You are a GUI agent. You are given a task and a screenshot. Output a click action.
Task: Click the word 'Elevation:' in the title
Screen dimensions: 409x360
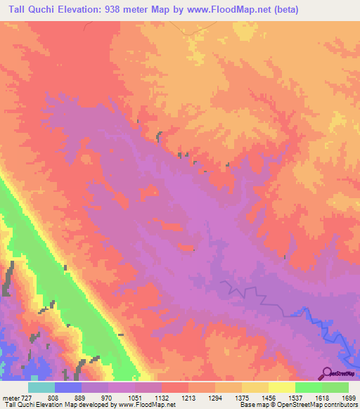tap(84, 9)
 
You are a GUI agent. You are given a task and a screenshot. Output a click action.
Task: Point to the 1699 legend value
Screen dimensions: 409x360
tap(349, 397)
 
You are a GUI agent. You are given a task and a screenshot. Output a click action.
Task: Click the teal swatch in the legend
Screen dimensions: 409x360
tap(41, 387)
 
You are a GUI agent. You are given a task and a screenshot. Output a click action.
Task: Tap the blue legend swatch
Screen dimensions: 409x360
tap(68, 387)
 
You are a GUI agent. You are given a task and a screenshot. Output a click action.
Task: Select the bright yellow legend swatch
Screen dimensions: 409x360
tap(282, 387)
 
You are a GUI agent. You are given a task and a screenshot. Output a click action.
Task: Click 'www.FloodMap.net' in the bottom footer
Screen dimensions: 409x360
tap(149, 405)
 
